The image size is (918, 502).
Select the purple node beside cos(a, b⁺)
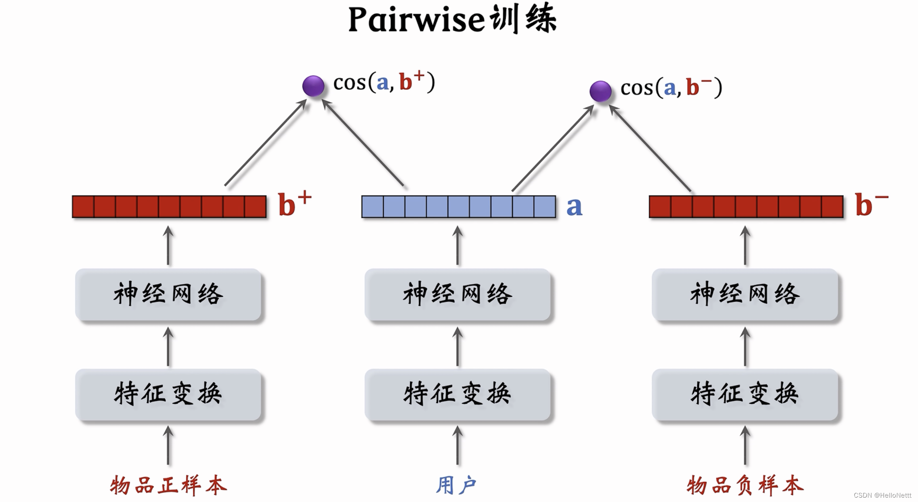313,86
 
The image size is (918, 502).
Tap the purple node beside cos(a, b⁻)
600,91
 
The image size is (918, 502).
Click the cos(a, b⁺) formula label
384,82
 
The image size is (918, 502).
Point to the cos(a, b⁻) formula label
671,88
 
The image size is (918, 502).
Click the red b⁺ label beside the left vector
295,204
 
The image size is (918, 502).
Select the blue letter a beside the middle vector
574,206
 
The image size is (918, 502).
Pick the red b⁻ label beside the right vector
871,204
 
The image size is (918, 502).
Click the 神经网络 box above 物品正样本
168,295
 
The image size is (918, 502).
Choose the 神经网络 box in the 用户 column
457,295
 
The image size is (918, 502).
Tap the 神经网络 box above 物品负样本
745,295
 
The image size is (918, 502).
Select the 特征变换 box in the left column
168,394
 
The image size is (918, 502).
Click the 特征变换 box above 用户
457,394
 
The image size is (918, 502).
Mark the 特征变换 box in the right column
745,394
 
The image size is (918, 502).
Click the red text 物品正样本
168,485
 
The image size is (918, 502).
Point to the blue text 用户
456,485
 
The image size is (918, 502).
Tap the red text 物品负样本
745,485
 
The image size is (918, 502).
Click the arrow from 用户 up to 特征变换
457,446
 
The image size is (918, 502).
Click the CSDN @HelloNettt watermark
882,495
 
